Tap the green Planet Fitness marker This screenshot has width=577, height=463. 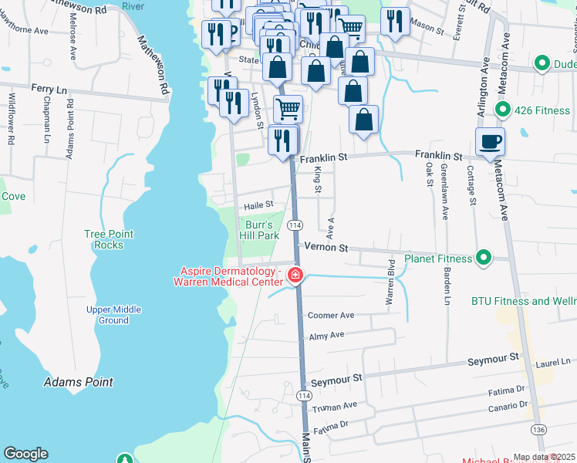(484, 258)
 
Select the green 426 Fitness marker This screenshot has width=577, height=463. (503, 110)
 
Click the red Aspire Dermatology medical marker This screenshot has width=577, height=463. (295, 275)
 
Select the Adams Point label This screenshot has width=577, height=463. (79, 382)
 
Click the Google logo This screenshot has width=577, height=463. (25, 454)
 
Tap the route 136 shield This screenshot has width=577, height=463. (538, 429)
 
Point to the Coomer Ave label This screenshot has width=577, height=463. (330, 315)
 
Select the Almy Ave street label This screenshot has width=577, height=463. (326, 335)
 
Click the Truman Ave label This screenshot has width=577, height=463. (335, 406)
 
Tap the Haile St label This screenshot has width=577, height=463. (258, 204)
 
